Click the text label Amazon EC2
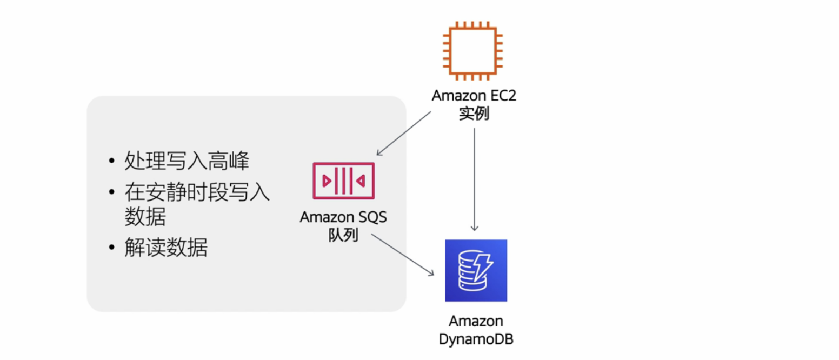(474, 96)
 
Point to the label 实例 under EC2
(474, 114)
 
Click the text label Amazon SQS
(344, 218)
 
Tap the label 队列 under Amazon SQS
(344, 236)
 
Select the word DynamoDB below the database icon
(476, 340)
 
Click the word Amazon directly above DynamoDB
(476, 322)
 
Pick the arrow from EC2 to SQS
(404, 134)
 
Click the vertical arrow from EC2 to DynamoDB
(474, 178)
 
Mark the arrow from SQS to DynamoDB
(403, 255)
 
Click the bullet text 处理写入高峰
(187, 161)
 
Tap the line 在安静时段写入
(197, 192)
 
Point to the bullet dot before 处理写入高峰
(111, 161)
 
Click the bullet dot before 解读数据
(111, 248)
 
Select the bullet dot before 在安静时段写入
(111, 193)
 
